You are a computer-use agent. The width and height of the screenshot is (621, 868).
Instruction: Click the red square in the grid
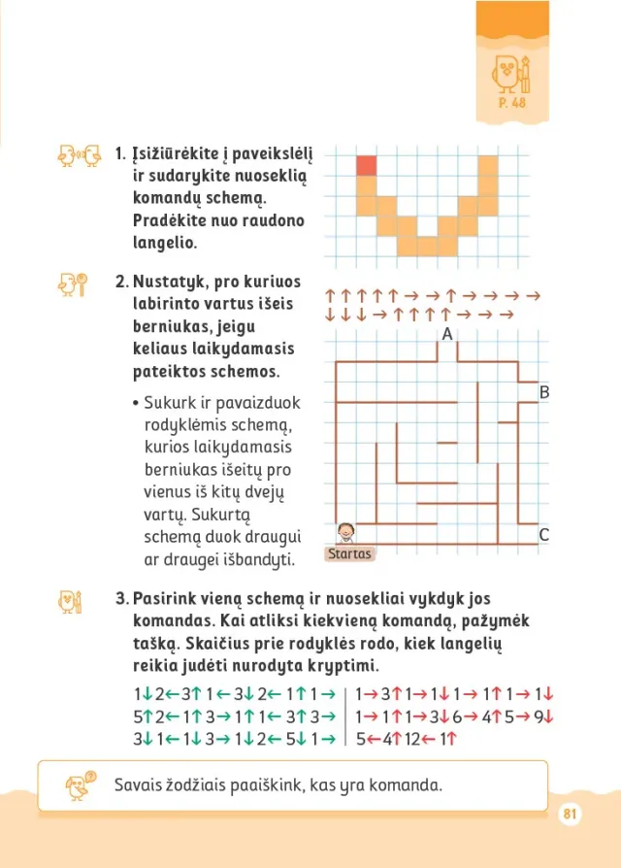coord(365,165)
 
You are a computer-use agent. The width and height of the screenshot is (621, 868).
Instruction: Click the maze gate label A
coord(447,333)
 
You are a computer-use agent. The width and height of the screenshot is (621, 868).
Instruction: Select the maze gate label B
coord(544,392)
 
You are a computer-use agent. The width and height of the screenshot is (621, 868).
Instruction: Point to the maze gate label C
coord(543,534)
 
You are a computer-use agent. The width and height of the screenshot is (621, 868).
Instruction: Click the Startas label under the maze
coord(349,554)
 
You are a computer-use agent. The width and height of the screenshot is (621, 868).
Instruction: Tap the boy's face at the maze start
coord(345,532)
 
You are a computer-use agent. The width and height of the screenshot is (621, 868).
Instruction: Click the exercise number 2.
coord(121,283)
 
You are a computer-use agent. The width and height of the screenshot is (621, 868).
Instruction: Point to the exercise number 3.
coord(121,599)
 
